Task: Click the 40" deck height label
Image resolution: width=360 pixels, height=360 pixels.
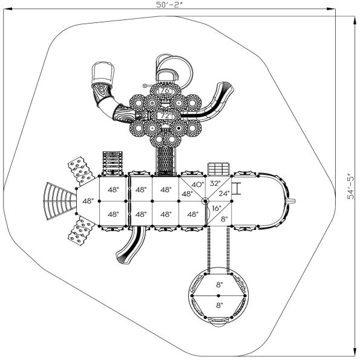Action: tap(197, 185)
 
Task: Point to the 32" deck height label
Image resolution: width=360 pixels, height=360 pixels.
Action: tap(215, 183)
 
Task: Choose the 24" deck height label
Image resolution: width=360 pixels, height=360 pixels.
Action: tap(224, 194)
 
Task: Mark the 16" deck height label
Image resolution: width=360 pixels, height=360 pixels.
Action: tap(216, 208)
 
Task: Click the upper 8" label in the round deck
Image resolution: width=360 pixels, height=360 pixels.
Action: tap(218, 284)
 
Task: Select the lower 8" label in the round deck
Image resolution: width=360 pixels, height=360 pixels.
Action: tap(218, 306)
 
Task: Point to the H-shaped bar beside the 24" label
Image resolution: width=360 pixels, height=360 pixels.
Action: tap(238, 189)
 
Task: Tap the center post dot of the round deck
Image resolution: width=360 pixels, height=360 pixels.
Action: tap(218, 295)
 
